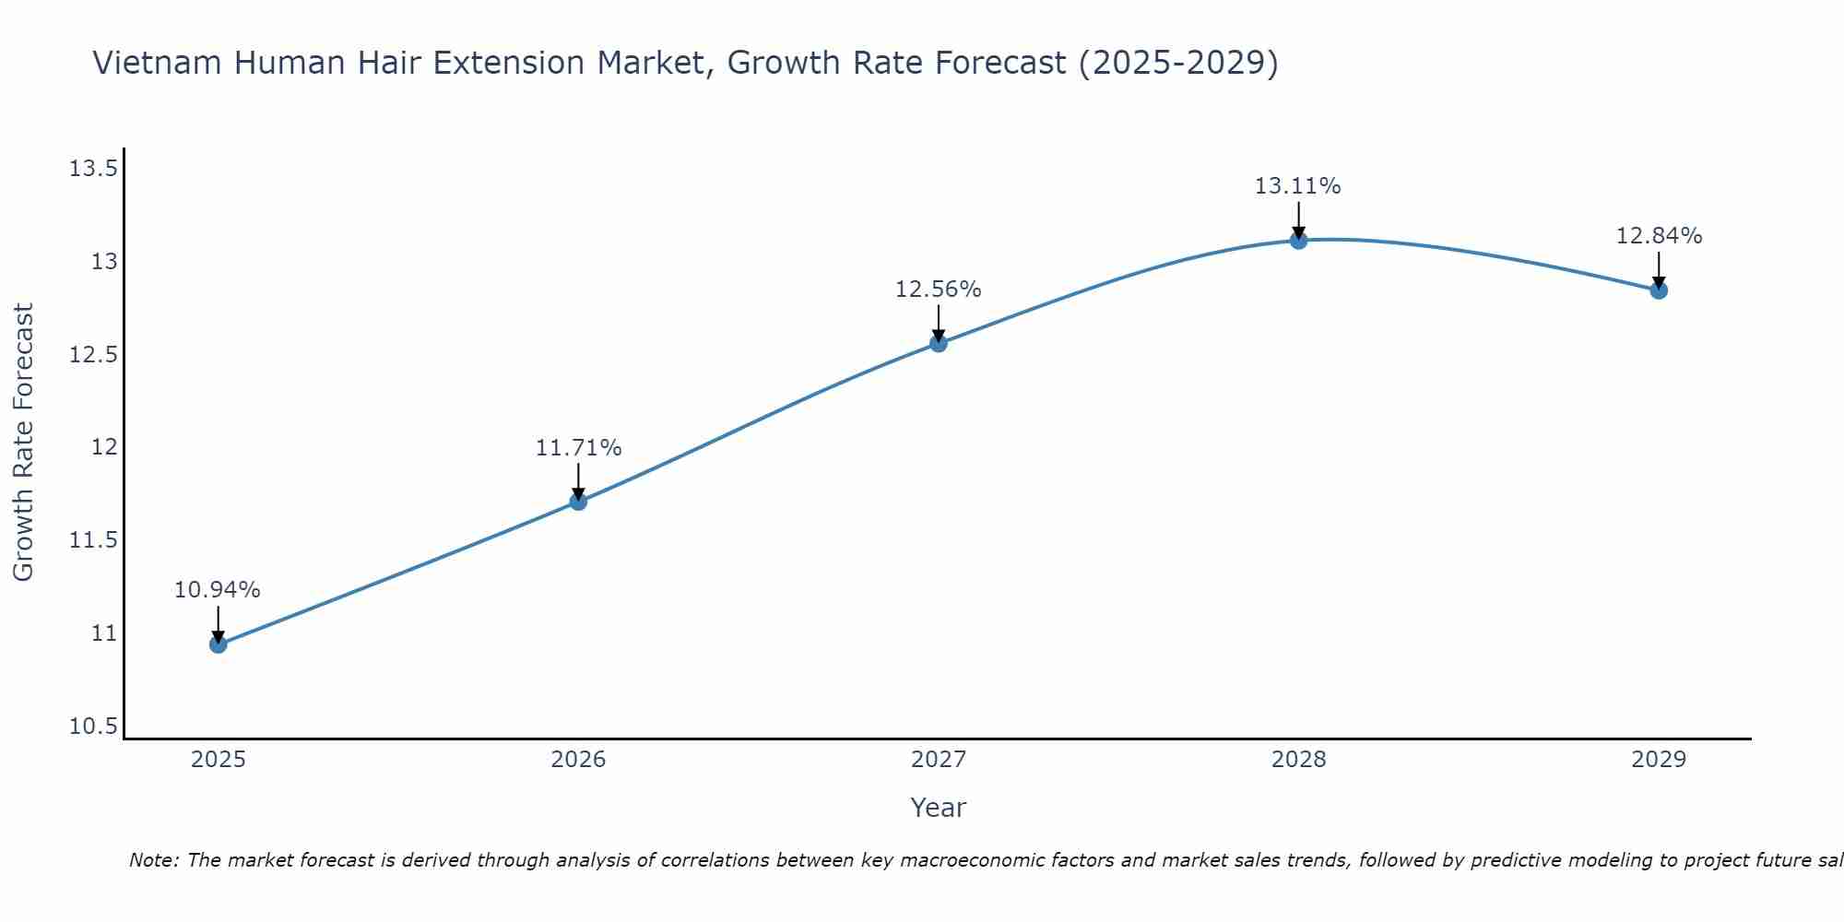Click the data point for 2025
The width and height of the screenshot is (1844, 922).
pos(218,644)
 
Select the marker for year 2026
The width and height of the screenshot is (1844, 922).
pos(578,502)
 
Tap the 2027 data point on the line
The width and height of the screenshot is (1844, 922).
pos(939,343)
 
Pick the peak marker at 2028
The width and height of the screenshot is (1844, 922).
pos(1298,241)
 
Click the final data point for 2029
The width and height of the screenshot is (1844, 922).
pos(1659,290)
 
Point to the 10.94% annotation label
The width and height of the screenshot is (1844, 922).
pos(218,590)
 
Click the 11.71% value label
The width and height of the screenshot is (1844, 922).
pos(578,448)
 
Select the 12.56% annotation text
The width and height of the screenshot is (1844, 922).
pos(939,290)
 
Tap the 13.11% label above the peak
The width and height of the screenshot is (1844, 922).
pos(1298,186)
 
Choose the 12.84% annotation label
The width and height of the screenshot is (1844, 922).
pos(1659,236)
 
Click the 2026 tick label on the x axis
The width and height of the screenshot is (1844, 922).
pos(578,760)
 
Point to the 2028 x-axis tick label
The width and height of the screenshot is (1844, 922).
pos(1298,760)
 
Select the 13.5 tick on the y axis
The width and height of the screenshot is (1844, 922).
pos(93,169)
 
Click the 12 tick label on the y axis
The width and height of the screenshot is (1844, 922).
pos(104,447)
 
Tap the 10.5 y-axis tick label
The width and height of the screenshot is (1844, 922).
pos(93,727)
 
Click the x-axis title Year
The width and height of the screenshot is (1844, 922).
pos(938,808)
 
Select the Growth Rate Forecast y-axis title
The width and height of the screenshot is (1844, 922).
pos(23,443)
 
